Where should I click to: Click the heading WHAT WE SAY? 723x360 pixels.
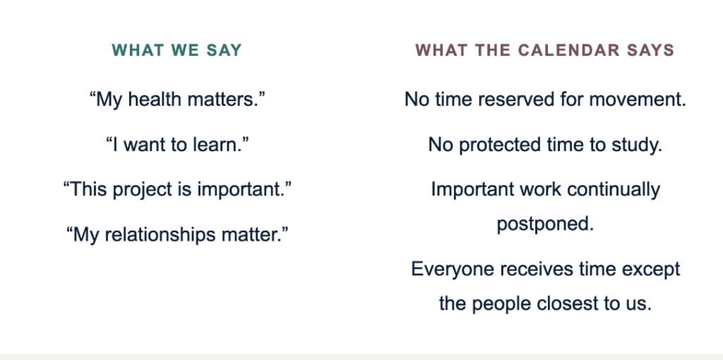[x=177, y=50]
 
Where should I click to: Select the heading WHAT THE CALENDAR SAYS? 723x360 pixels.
[x=544, y=50]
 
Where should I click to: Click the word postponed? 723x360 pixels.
[x=545, y=224]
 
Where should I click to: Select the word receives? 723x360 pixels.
[x=529, y=270]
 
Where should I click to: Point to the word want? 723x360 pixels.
[x=145, y=145]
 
